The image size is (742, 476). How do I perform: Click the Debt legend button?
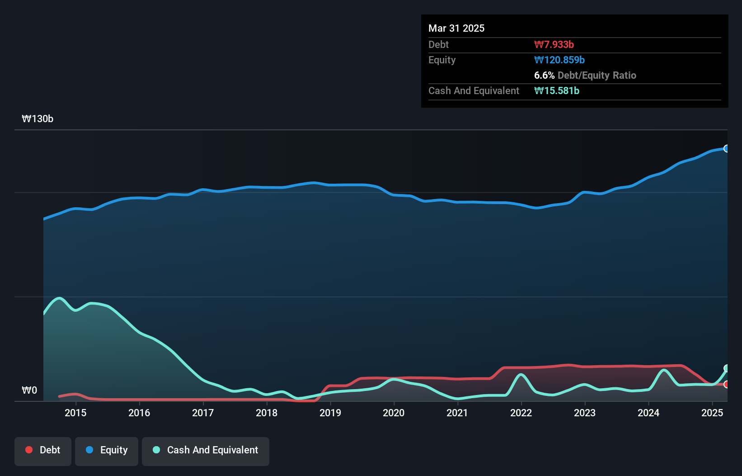tap(43, 451)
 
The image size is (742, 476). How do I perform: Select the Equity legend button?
tap(107, 451)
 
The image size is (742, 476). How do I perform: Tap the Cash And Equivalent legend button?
tap(206, 451)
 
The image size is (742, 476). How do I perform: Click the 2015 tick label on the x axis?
tap(75, 413)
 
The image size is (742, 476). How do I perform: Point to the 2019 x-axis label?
tap(330, 413)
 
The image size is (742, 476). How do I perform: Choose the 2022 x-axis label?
tap(521, 413)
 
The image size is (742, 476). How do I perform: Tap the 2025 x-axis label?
tap(712, 413)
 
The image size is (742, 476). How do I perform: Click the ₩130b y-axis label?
tap(38, 119)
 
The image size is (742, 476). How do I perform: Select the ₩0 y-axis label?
tap(29, 390)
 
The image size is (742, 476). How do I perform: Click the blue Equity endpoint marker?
tap(727, 148)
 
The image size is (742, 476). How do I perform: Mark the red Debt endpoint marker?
tap(727, 384)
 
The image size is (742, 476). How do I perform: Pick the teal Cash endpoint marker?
tap(727, 368)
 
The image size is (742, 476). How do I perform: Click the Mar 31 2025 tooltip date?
tap(456, 29)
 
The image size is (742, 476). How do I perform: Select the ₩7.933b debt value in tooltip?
tap(554, 45)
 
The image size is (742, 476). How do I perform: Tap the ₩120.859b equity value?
tap(559, 60)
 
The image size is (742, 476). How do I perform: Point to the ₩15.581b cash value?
tap(557, 91)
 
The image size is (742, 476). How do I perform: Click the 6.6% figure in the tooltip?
tap(544, 76)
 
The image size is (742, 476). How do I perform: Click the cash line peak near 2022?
tap(521, 375)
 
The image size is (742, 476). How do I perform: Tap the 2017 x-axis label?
tap(203, 413)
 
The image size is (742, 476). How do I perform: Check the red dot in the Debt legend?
tap(29, 450)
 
